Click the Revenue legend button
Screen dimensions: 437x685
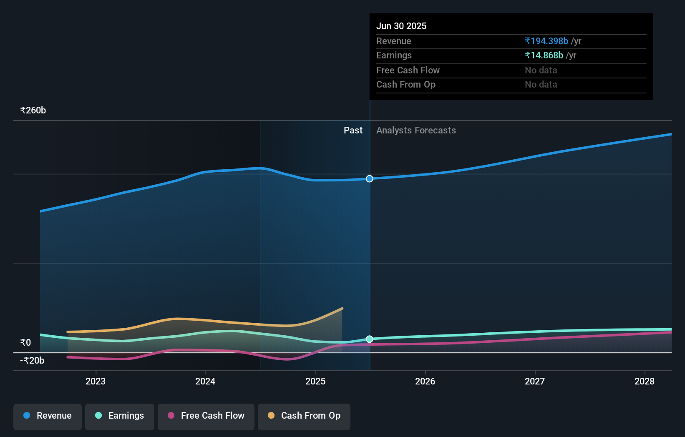pos(48,416)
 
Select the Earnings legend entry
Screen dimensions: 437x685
pos(120,416)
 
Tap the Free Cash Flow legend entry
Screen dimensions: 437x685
pos(206,416)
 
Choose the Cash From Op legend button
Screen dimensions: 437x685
pos(304,416)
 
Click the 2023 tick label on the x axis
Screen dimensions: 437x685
pos(96,381)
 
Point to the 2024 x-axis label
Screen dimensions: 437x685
pos(205,381)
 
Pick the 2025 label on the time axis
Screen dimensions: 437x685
pos(315,381)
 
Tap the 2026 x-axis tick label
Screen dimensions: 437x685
pos(425,381)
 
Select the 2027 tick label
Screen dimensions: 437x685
pos(535,381)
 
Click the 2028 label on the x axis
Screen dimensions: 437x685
pos(645,381)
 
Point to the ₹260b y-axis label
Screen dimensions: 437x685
pos(33,111)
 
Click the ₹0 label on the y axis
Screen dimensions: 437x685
pos(26,343)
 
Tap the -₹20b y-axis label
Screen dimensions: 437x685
pos(32,361)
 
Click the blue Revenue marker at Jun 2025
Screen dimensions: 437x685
pos(370,179)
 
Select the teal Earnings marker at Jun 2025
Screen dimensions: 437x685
pos(370,339)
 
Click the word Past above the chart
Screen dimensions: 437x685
pos(353,131)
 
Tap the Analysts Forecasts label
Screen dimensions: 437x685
pos(416,131)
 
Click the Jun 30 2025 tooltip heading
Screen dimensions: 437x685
pos(401,26)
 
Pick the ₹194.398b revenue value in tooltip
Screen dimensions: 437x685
pos(546,41)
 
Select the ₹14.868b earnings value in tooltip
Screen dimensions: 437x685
pos(544,55)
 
